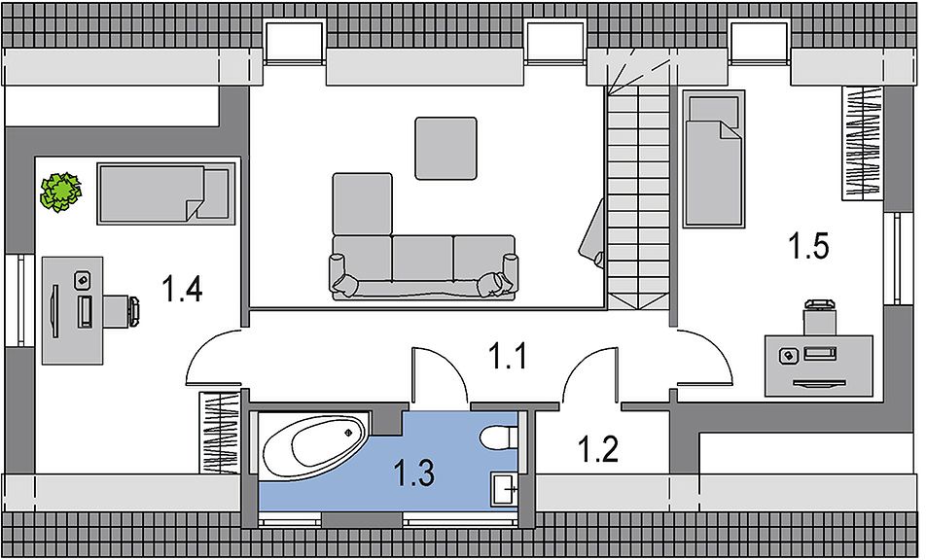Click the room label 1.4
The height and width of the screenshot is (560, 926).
point(183,290)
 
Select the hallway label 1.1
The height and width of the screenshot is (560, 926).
point(508,357)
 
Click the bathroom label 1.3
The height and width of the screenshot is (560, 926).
point(414,473)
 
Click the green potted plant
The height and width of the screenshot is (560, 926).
point(60,192)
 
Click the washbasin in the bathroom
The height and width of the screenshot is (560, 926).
point(504,489)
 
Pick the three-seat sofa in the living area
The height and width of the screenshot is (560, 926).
point(423,267)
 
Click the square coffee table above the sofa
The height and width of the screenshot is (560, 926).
point(445,148)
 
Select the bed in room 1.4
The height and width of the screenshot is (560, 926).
point(165,194)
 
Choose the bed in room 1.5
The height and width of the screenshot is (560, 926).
point(713,158)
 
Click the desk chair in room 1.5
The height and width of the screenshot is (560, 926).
point(819,319)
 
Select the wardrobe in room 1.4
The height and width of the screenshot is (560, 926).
point(219,433)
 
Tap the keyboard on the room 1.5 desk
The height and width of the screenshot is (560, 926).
point(820,354)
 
